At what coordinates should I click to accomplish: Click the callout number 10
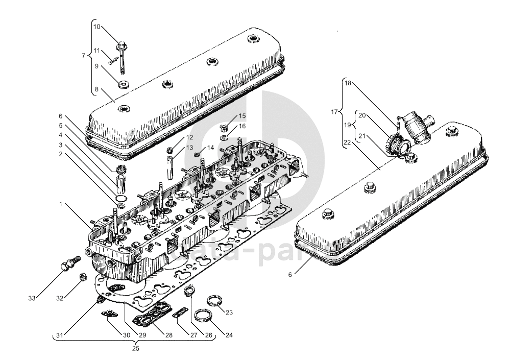tap(98, 27)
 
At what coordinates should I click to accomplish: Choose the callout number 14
tap(211, 148)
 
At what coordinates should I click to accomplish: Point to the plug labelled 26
tap(189, 290)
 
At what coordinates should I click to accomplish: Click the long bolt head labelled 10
tap(123, 46)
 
